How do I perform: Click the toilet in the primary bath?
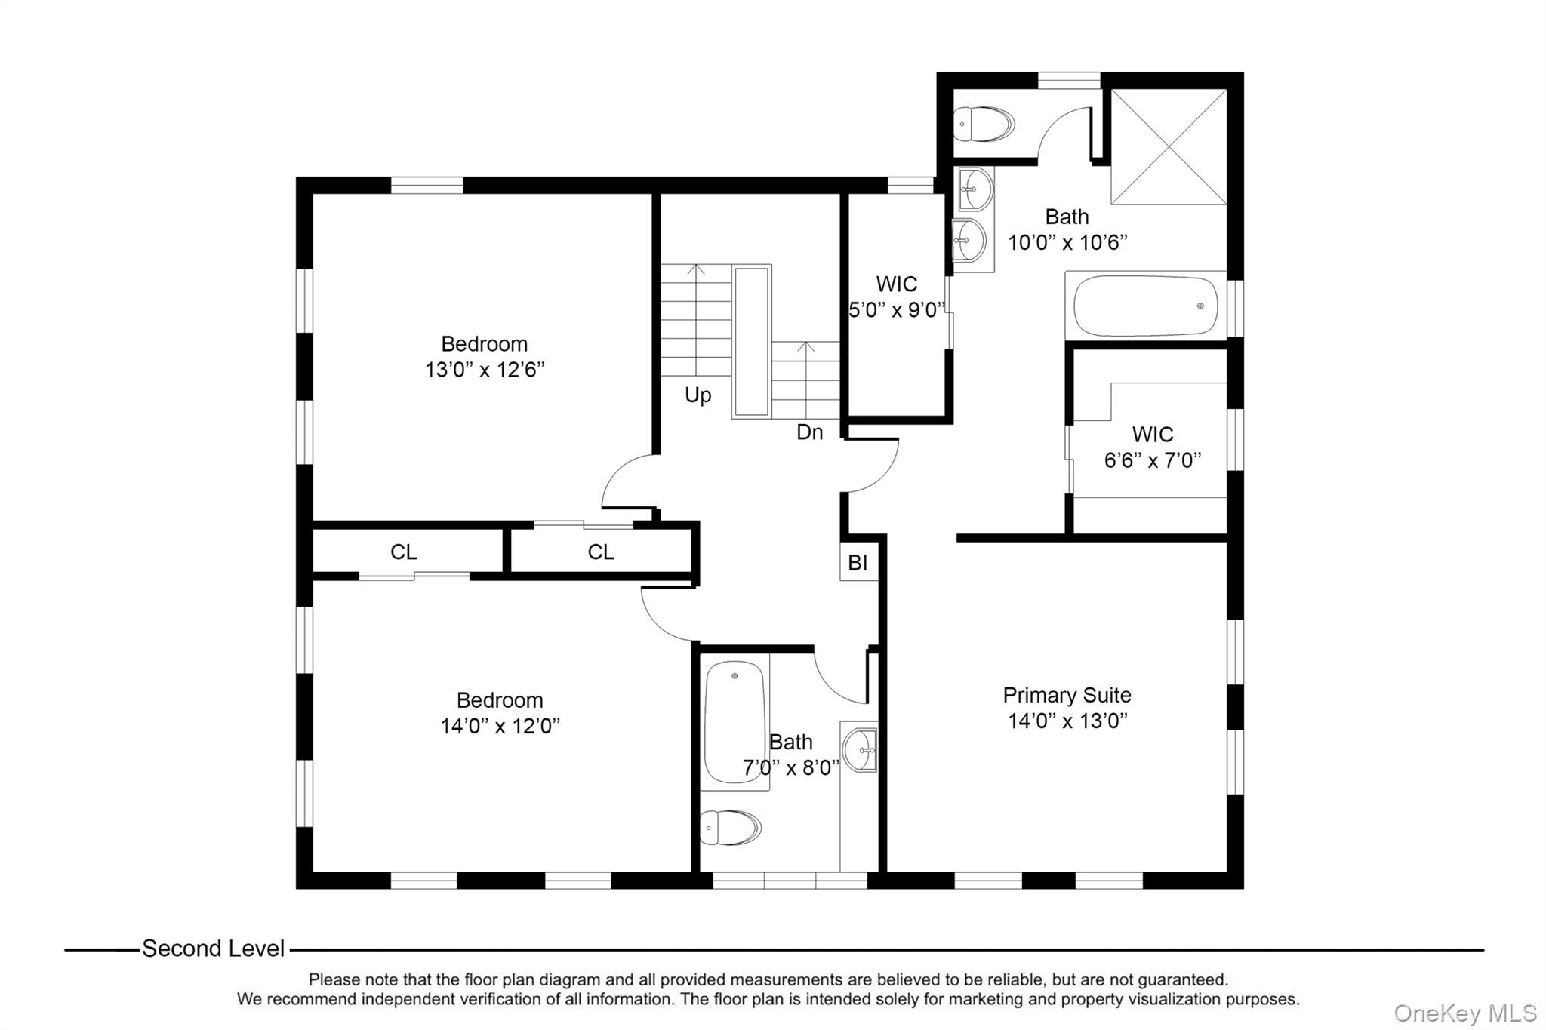[984, 125]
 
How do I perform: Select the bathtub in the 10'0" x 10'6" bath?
[1145, 306]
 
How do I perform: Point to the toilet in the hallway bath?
[730, 828]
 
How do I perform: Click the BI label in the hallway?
[858, 563]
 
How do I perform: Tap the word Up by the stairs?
[698, 395]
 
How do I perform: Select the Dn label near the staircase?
[809, 432]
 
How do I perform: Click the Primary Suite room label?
[1067, 695]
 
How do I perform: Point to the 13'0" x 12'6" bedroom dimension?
[485, 370]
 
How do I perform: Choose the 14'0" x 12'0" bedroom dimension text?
[500, 726]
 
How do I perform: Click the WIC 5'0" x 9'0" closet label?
[897, 297]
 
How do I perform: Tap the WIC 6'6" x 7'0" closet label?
[1153, 447]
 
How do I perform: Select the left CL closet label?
[403, 552]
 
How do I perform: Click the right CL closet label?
[601, 552]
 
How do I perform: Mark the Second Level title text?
[214, 949]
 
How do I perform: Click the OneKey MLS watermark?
[1464, 1013]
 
